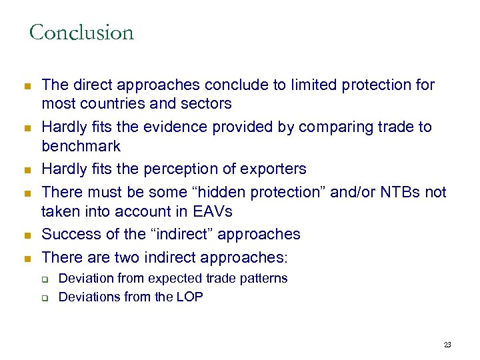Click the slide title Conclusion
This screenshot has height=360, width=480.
81,33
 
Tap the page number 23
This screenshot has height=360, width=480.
447,345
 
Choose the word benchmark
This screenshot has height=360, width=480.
81,145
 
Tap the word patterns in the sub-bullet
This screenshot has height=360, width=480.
263,278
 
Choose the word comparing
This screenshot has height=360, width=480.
331,127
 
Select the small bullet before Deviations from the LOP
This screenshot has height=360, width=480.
47,298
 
